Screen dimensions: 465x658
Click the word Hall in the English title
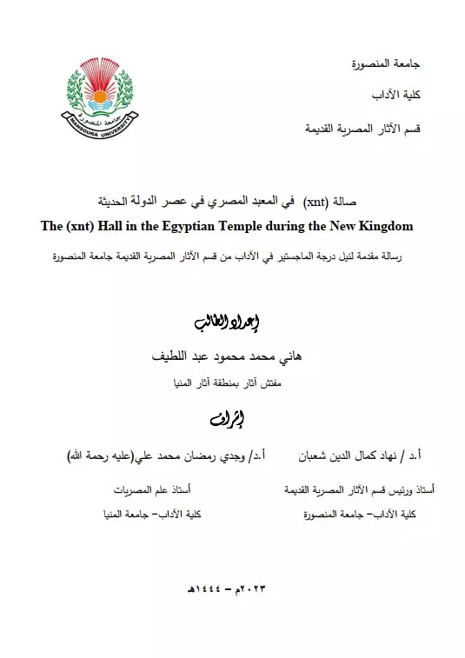118,226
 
